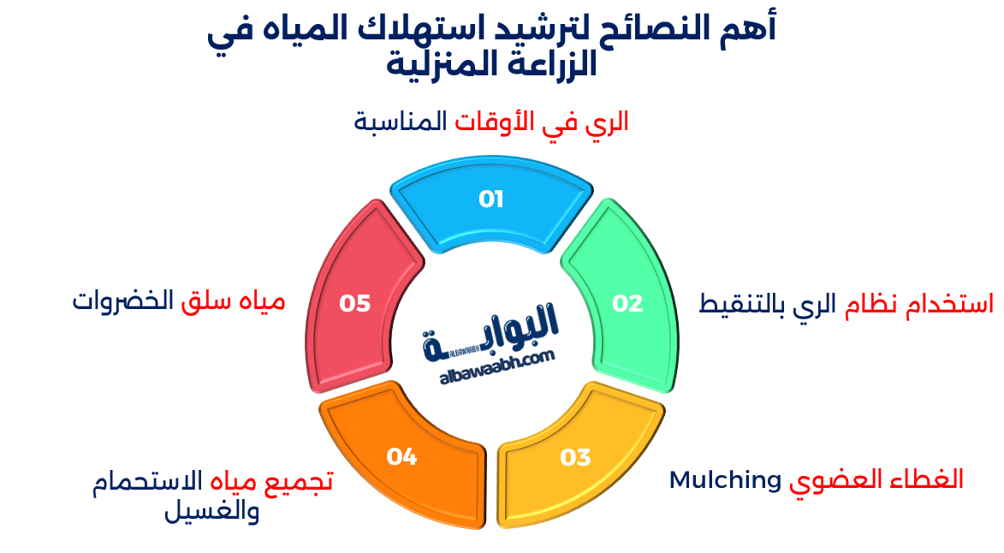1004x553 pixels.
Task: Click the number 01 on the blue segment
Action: click(490, 199)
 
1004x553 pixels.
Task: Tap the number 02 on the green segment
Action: click(627, 303)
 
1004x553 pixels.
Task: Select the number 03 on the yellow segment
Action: click(575, 457)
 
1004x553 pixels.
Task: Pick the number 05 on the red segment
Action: click(354, 303)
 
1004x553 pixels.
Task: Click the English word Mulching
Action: click(724, 479)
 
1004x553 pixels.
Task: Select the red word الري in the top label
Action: click(606, 122)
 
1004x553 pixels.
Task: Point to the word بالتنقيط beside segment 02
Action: click(741, 304)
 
